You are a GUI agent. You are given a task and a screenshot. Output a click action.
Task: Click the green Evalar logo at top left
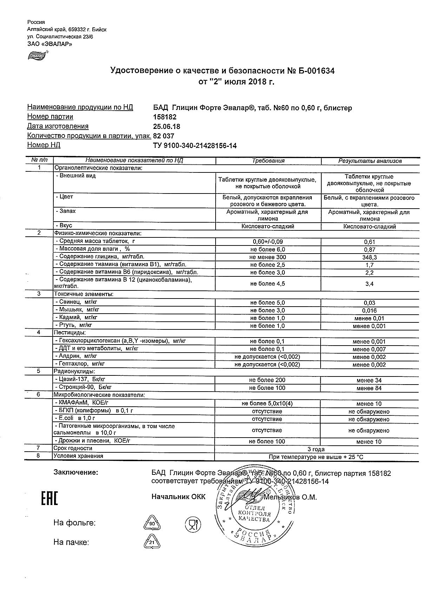(37, 55)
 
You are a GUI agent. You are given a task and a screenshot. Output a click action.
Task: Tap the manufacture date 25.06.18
(166, 126)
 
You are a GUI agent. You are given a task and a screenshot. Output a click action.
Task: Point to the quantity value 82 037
(164, 136)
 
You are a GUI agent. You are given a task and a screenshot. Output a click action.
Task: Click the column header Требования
(268, 161)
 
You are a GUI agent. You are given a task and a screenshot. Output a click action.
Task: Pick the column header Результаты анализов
(370, 161)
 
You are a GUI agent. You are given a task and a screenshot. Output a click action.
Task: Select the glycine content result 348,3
(370, 257)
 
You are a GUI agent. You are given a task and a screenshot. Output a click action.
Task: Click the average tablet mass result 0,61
(370, 242)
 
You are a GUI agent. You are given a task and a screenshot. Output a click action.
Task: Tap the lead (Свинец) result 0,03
(370, 303)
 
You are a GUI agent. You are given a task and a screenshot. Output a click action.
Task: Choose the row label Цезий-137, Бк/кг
(80, 380)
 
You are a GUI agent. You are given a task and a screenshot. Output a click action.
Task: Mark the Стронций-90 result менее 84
(369, 388)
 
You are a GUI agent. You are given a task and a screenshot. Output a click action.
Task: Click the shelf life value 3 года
(316, 449)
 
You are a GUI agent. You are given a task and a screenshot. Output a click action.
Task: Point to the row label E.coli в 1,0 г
(75, 418)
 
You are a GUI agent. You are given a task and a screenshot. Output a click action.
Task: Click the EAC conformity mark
(50, 499)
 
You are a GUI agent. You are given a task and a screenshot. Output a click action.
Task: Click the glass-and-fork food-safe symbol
(192, 524)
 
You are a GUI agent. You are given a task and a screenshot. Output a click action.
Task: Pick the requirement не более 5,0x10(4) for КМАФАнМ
(268, 404)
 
